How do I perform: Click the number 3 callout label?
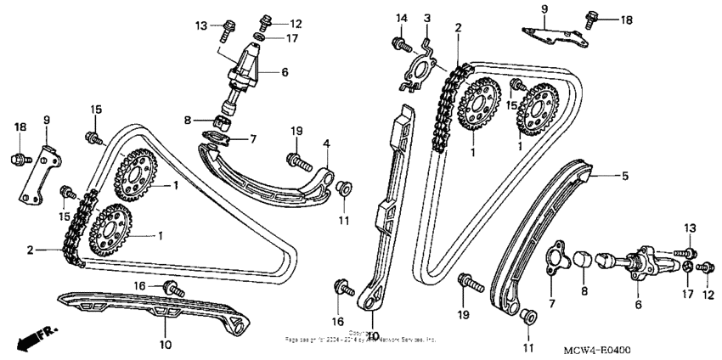[427, 18]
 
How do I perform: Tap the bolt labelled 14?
[398, 42]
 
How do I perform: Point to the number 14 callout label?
[402, 18]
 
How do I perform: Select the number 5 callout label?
[625, 177]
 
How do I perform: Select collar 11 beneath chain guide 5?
[527, 317]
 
